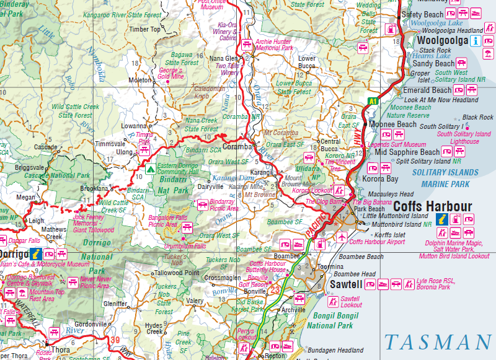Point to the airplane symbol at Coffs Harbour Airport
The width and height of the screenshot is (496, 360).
point(340,237)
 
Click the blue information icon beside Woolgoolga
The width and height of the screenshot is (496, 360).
point(476,42)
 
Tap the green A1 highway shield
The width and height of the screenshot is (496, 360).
point(373,101)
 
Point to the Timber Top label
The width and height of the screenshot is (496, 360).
point(145,29)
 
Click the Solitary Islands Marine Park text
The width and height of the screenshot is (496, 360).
point(445,178)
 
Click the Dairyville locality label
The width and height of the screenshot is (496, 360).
point(210,187)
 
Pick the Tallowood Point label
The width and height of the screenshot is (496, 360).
point(177,273)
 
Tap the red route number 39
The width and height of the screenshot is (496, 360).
point(115,341)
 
